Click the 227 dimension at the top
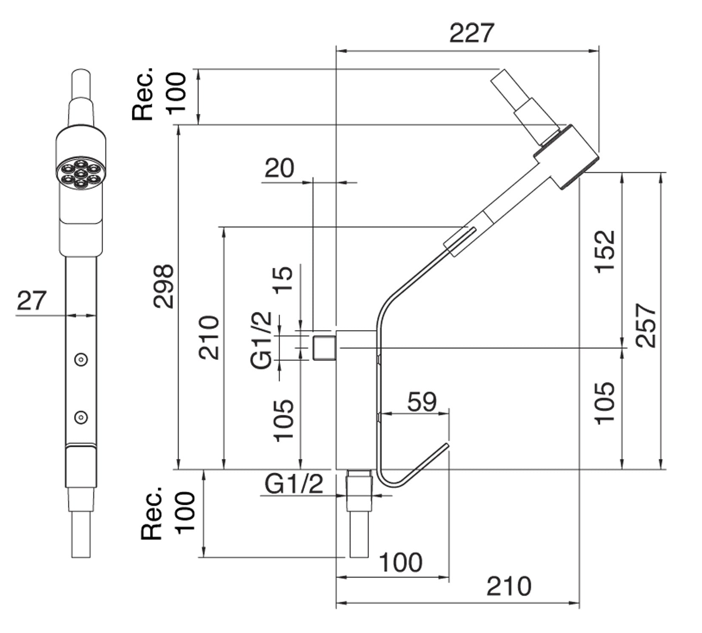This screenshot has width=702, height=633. pos(472,34)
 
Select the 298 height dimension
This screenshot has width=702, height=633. pos(164,286)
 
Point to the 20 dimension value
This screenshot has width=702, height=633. pos(279,168)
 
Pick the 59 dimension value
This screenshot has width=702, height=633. pos(422,402)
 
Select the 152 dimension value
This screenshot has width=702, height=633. pos(605,251)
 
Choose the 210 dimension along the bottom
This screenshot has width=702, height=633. pos(509,587)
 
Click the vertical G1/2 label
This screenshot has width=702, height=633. pos(261,340)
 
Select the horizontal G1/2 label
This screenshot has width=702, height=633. pos(294,484)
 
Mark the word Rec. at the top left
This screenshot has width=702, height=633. pos(143,94)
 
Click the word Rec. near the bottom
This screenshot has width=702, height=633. pos(152,512)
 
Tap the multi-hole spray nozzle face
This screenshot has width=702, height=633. pos(80,174)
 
